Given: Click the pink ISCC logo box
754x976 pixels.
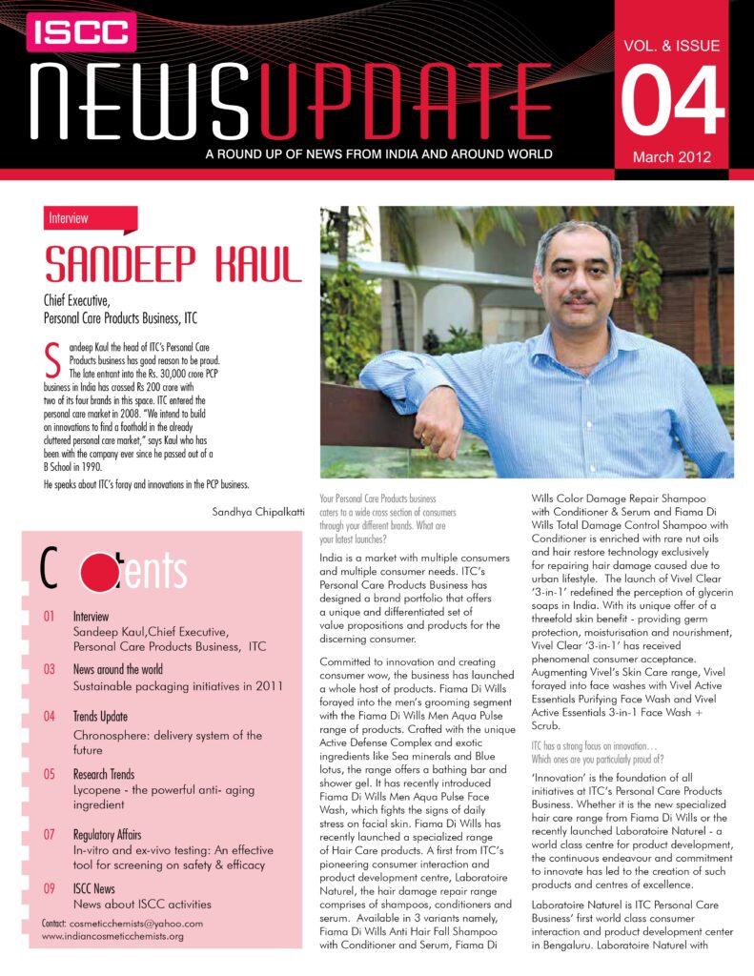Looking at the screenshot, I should coord(80,32).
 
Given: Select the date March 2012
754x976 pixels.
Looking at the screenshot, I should coord(672,157).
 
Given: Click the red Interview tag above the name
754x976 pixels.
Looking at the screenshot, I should coord(68,218).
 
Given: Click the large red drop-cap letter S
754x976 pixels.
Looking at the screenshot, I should coord(53,361).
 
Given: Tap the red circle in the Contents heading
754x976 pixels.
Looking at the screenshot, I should coord(99,572).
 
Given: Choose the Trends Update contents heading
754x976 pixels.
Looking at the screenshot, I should coord(100,716).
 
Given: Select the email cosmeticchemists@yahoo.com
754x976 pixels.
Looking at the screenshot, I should coord(133,923).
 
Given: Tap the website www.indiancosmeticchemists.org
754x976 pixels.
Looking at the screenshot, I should coord(112,936).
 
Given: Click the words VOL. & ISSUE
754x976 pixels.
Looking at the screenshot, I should coord(672,45).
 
